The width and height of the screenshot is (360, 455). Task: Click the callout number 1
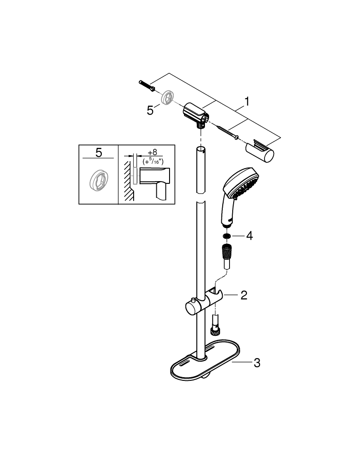(x=246, y=101)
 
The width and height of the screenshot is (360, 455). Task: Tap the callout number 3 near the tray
(x=257, y=363)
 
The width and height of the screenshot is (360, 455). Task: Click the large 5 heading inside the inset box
(x=99, y=153)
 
